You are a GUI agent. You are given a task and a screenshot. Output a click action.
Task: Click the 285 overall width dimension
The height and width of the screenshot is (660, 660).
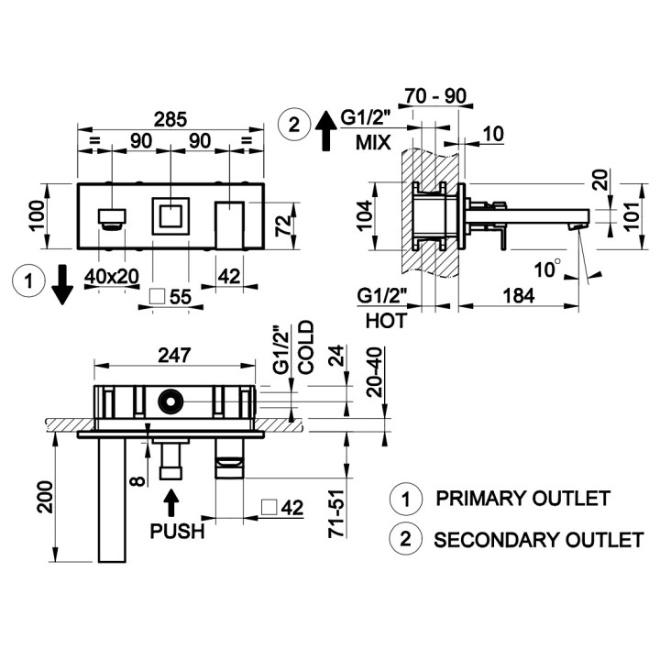coord(170,119)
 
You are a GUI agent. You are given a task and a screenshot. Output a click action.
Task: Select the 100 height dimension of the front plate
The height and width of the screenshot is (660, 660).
coord(38,215)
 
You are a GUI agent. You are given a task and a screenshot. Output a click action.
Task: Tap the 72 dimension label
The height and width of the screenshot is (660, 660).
coord(283,225)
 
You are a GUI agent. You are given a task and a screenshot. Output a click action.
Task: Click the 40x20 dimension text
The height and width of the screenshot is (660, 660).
coord(112,277)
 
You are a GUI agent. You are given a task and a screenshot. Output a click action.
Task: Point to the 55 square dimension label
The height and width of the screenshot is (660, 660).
coord(181,297)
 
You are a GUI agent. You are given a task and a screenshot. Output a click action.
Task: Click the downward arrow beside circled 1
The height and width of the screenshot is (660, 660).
coord(62,284)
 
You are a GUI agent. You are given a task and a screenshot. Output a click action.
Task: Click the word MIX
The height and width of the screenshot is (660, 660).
coord(373,143)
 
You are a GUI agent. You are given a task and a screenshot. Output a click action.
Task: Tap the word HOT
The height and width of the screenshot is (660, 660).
coord(387,321)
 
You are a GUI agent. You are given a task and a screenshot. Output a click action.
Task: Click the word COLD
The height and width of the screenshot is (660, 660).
coord(306,347)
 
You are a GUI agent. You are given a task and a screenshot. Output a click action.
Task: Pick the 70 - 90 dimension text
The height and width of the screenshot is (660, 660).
coord(435,96)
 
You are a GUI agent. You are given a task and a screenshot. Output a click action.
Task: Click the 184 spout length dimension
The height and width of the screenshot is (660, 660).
coord(519,295)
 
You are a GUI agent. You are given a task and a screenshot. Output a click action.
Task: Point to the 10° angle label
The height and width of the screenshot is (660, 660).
coord(547,269)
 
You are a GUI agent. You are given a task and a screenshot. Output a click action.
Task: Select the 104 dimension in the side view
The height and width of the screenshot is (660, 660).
coord(364,215)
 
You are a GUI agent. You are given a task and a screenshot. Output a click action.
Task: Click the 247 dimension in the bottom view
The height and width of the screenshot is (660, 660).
coord(174,356)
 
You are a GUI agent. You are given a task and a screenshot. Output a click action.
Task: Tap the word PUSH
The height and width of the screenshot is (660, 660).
coord(177,531)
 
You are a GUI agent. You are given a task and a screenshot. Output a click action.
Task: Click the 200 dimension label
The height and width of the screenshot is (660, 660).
coord(46,497)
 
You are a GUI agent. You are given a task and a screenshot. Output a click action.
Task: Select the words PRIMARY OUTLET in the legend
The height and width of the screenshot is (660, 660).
coord(522,499)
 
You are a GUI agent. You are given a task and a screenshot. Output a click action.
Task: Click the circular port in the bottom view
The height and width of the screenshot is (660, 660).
coord(170,401)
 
